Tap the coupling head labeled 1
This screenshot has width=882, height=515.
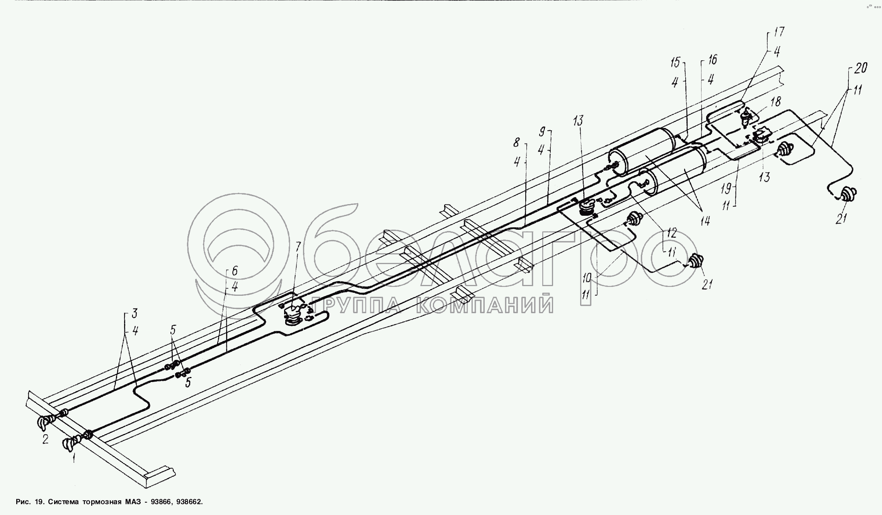click(x=70, y=444)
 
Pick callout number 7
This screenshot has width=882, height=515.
click(x=297, y=248)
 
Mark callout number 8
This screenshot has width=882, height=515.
click(x=516, y=142)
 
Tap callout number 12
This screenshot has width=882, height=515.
click(x=672, y=233)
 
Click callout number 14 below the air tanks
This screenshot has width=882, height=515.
click(x=705, y=221)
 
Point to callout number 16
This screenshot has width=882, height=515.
click(x=712, y=60)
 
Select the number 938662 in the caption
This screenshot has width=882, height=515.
click(x=189, y=502)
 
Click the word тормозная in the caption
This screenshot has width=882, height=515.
click(x=102, y=502)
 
